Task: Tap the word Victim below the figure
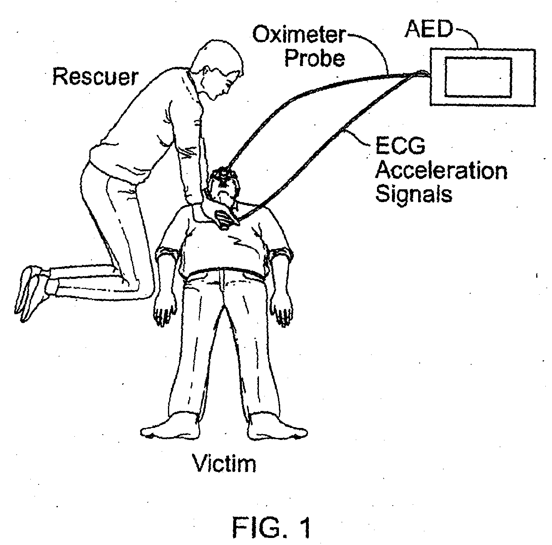pyautogui.click(x=224, y=463)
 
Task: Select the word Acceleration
pyautogui.click(x=441, y=171)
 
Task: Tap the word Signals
pyautogui.click(x=414, y=194)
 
